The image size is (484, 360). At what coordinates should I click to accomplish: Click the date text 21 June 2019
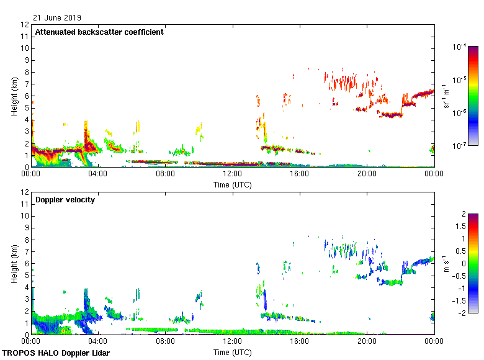[57, 18]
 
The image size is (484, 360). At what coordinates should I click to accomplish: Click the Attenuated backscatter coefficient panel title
[99, 32]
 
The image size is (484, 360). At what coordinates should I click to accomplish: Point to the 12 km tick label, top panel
[25, 25]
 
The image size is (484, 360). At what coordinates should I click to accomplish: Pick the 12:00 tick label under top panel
[232, 174]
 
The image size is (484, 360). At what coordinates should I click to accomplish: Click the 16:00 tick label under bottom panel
[300, 341]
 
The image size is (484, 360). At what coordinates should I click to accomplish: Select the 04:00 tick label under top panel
[98, 174]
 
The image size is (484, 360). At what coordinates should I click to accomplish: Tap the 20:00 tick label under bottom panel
[367, 341]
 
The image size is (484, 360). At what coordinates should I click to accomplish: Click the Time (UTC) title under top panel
[232, 184]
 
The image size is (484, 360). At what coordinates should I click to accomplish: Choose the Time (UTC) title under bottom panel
[232, 352]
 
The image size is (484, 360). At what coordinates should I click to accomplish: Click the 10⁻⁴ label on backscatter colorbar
[460, 47]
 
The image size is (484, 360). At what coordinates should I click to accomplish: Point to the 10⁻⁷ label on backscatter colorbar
[460, 145]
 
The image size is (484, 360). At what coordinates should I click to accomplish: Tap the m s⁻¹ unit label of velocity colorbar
[447, 264]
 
